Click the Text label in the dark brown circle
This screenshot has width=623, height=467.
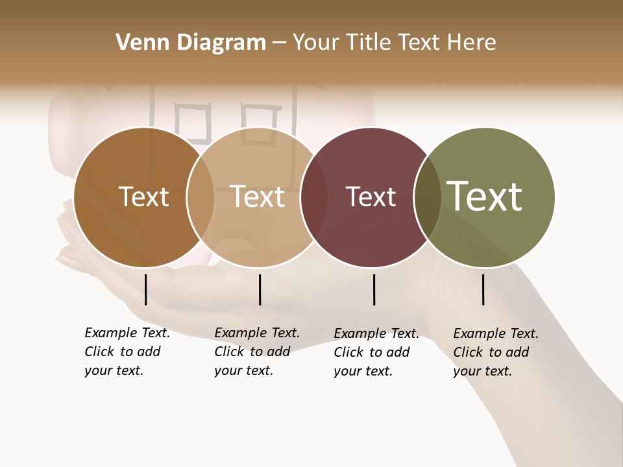[143, 197]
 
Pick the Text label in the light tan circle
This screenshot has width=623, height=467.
[258, 197]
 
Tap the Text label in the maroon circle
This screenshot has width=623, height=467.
[371, 197]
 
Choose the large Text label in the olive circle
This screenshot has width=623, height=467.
[485, 197]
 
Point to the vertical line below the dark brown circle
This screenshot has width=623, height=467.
[146, 289]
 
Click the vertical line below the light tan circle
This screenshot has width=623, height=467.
[260, 289]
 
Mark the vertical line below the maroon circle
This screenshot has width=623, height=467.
[374, 289]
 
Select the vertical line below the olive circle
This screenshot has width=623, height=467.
[483, 289]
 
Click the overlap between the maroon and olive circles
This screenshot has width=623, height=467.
[428, 197]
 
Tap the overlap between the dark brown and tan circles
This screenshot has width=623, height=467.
[201, 197]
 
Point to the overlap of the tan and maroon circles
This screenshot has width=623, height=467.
[314, 197]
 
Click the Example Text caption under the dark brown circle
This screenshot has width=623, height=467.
[127, 352]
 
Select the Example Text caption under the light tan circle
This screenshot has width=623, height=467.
[256, 352]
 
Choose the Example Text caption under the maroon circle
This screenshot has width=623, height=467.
[376, 352]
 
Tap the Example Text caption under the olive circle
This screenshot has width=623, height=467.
[495, 352]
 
